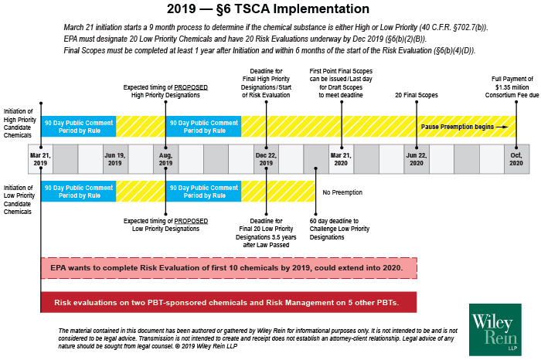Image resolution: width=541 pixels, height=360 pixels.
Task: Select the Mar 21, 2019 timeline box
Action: pyautogui.click(x=40, y=158)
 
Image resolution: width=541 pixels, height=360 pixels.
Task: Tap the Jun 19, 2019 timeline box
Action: pyautogui.click(x=115, y=158)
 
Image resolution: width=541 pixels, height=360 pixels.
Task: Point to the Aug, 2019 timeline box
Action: pyautogui.click(x=165, y=158)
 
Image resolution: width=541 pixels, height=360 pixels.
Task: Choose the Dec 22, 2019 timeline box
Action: pyautogui.click(x=266, y=158)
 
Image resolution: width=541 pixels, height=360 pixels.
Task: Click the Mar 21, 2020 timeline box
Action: pyautogui.click(x=341, y=158)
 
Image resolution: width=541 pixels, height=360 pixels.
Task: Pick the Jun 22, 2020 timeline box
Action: pyautogui.click(x=416, y=158)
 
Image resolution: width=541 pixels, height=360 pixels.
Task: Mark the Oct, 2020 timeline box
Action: pyautogui.click(x=516, y=158)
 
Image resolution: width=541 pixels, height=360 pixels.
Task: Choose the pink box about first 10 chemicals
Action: pyautogui.click(x=229, y=267)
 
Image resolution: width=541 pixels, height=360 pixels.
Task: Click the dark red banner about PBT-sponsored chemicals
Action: pyautogui.click(x=229, y=302)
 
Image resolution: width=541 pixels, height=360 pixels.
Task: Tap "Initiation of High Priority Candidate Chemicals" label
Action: pyautogui.click(x=20, y=121)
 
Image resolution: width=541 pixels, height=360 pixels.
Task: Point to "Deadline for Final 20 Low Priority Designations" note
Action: pyautogui.click(x=266, y=233)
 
